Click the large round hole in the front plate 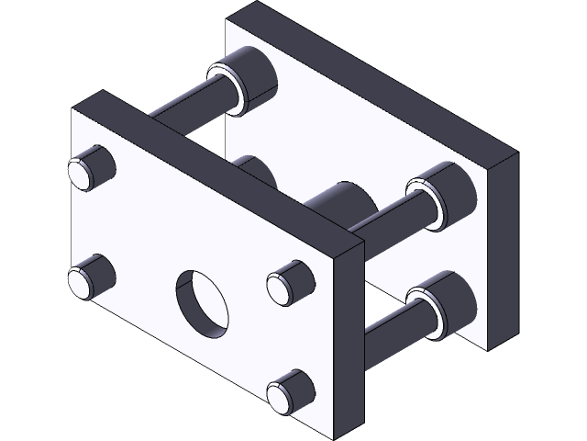pos(205,300)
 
